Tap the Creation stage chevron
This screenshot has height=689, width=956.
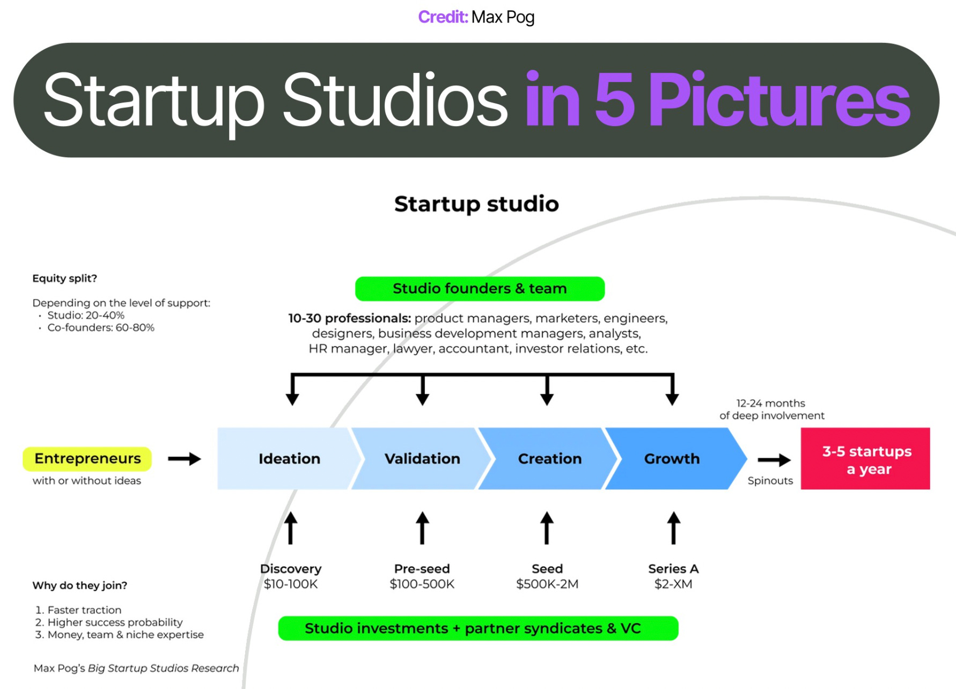[549, 459]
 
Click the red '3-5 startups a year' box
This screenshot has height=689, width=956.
[865, 459]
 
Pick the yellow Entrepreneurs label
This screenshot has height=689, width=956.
[87, 459]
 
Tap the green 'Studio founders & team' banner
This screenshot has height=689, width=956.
[480, 289]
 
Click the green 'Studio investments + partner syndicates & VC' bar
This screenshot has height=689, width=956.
[478, 628]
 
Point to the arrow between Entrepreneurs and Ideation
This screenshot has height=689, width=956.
[184, 459]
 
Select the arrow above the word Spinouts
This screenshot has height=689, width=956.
[774, 460]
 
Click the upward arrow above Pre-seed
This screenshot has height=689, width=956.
[422, 528]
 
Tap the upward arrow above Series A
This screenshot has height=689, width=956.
[673, 528]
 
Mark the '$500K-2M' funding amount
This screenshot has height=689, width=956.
[547, 584]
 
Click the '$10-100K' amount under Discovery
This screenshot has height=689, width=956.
[291, 584]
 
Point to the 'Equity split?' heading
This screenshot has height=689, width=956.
[65, 278]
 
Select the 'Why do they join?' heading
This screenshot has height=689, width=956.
[80, 585]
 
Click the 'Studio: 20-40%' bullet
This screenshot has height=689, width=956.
[86, 316]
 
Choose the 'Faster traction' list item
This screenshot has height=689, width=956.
[84, 610]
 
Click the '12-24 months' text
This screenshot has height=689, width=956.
[770, 403]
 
